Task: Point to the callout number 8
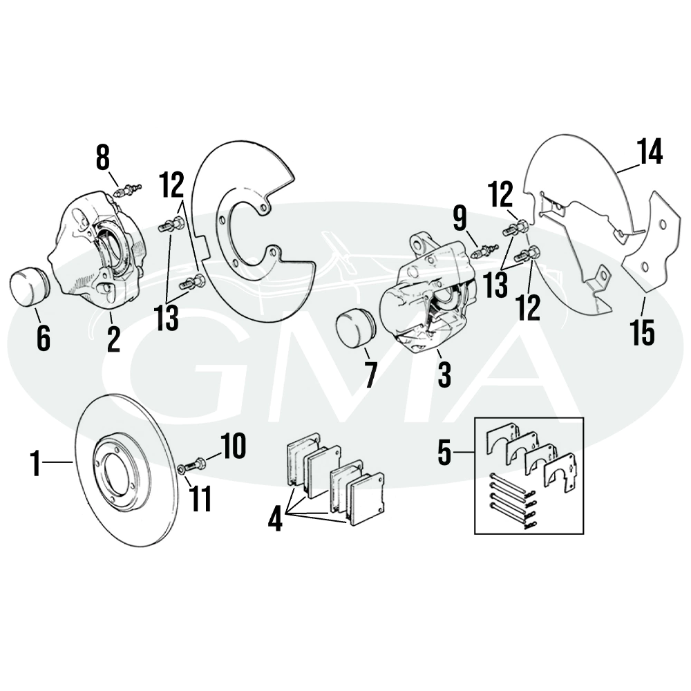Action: (102, 159)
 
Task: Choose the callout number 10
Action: (234, 447)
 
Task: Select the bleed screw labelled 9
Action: (484, 251)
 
